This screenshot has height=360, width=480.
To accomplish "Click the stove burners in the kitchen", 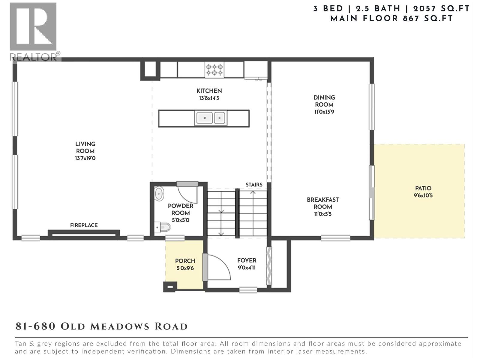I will (x=214, y=70).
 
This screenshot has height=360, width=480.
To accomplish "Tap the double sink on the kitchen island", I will (x=211, y=118).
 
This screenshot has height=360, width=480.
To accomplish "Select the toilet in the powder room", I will (x=163, y=227).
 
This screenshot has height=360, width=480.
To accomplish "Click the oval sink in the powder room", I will (x=159, y=194).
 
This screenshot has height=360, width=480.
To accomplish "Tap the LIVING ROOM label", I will (x=85, y=147).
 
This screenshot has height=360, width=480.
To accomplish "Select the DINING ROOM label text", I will (x=324, y=101).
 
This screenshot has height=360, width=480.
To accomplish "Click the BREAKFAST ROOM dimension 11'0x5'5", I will (x=323, y=214).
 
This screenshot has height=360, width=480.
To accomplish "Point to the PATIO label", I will (x=423, y=188).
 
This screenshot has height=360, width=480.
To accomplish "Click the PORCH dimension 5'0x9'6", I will (x=185, y=268).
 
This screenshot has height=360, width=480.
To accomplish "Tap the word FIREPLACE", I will (x=84, y=225).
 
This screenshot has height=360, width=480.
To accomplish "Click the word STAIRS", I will (x=254, y=185).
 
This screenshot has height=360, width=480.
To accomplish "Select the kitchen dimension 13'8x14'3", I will (x=209, y=98).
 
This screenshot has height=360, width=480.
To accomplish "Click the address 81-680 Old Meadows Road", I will (x=101, y=326).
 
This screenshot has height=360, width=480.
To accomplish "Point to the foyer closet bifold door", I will (x=269, y=266).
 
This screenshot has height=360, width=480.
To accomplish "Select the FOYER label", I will (x=247, y=260).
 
